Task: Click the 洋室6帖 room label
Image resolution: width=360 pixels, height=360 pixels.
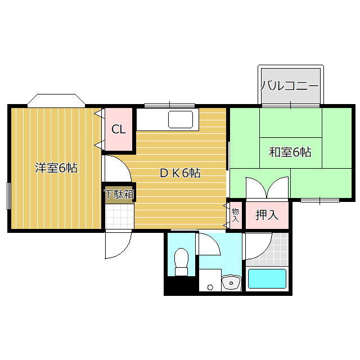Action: tap(56, 168)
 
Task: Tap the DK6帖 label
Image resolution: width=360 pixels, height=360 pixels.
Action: tap(180, 173)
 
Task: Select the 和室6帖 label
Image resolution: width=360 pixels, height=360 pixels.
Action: tap(290, 152)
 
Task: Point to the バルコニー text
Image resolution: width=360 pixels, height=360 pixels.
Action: tap(290, 86)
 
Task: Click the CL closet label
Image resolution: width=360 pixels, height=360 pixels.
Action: tap(118, 129)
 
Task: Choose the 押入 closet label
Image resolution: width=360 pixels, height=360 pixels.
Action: tap(267, 215)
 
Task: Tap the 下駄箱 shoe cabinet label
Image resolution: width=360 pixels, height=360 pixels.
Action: tap(119, 195)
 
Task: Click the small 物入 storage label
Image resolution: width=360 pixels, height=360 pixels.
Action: tap(235, 215)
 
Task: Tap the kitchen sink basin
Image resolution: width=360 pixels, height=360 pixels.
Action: tap(181, 120)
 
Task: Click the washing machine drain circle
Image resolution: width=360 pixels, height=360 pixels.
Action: tap(210, 287)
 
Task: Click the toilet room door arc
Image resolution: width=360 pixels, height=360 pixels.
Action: tap(208, 245)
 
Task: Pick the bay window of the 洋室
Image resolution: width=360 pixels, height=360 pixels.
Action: tap(56, 100)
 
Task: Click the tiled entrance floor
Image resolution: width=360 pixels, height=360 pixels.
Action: tap(119, 216)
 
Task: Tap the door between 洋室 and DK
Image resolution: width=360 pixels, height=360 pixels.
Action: tap(115, 169)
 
